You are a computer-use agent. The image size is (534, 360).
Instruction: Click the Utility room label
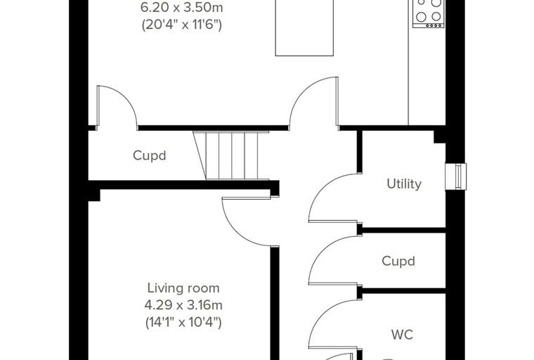(x=404, y=184)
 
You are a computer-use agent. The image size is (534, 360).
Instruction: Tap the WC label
(x=402, y=335)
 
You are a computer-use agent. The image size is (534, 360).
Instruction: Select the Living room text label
(x=183, y=288)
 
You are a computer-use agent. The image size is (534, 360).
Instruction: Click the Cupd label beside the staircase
(x=150, y=155)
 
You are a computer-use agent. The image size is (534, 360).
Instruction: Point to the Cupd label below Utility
(x=398, y=261)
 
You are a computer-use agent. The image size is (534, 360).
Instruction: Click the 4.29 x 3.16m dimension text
(x=183, y=304)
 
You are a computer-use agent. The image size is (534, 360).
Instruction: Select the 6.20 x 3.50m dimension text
(x=182, y=8)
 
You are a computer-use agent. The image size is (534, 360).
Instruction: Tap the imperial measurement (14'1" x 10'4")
(x=183, y=322)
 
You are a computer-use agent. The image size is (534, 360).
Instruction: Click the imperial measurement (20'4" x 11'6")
(x=182, y=25)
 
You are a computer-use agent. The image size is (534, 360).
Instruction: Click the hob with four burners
(x=429, y=13)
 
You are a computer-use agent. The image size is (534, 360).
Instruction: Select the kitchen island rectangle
(x=304, y=27)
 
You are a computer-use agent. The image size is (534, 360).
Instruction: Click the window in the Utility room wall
(x=456, y=176)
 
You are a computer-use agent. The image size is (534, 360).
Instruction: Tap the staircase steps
(x=232, y=155)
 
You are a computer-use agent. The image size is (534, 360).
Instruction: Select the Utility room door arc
(x=320, y=188)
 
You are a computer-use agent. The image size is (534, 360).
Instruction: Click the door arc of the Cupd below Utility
(x=320, y=250)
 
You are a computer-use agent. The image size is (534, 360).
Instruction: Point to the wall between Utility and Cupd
(x=404, y=231)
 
